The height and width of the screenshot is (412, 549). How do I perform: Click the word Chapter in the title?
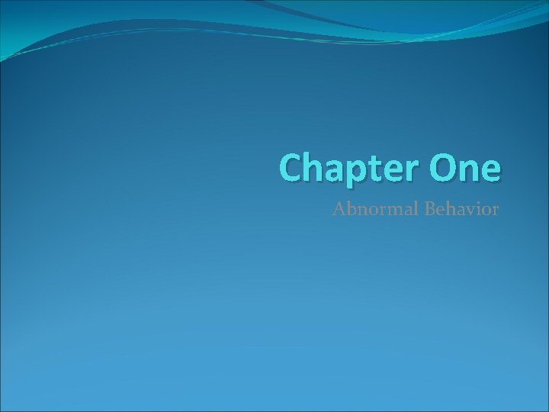coord(348,168)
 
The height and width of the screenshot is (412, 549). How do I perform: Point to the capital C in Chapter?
coord(291,168)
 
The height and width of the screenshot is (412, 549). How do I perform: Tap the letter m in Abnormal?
coord(388,209)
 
